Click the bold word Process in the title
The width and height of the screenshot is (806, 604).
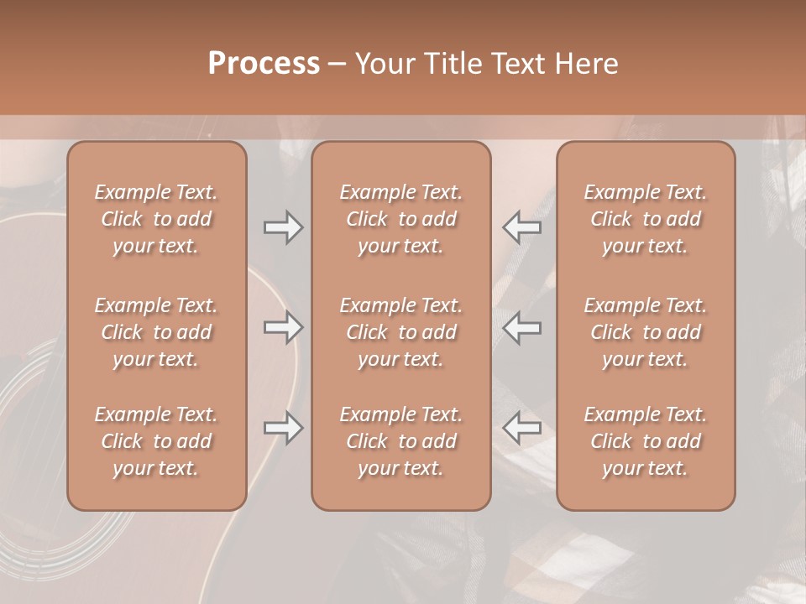coord(264,64)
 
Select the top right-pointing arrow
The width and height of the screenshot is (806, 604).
coord(284,226)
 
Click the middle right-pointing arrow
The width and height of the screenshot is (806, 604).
coord(284,327)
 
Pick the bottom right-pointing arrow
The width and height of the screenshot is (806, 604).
coord(284,428)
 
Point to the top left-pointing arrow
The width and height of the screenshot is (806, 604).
coord(521,226)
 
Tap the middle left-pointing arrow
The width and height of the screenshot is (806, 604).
coord(521,327)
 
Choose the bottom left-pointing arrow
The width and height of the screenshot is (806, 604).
coord(521,428)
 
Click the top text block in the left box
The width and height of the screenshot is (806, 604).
coord(156,219)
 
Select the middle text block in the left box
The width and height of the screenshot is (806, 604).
coord(156,332)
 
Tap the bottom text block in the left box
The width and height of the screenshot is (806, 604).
coord(156,441)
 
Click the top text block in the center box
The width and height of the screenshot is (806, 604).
coord(401,219)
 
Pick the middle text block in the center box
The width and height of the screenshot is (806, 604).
coord(401,332)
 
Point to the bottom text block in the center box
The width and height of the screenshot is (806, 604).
coord(401,441)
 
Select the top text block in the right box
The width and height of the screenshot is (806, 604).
coord(646,219)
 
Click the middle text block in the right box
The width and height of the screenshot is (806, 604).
coord(646,332)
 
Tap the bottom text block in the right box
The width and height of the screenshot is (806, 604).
coord(646,441)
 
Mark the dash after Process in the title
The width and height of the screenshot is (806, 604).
coord(338,65)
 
